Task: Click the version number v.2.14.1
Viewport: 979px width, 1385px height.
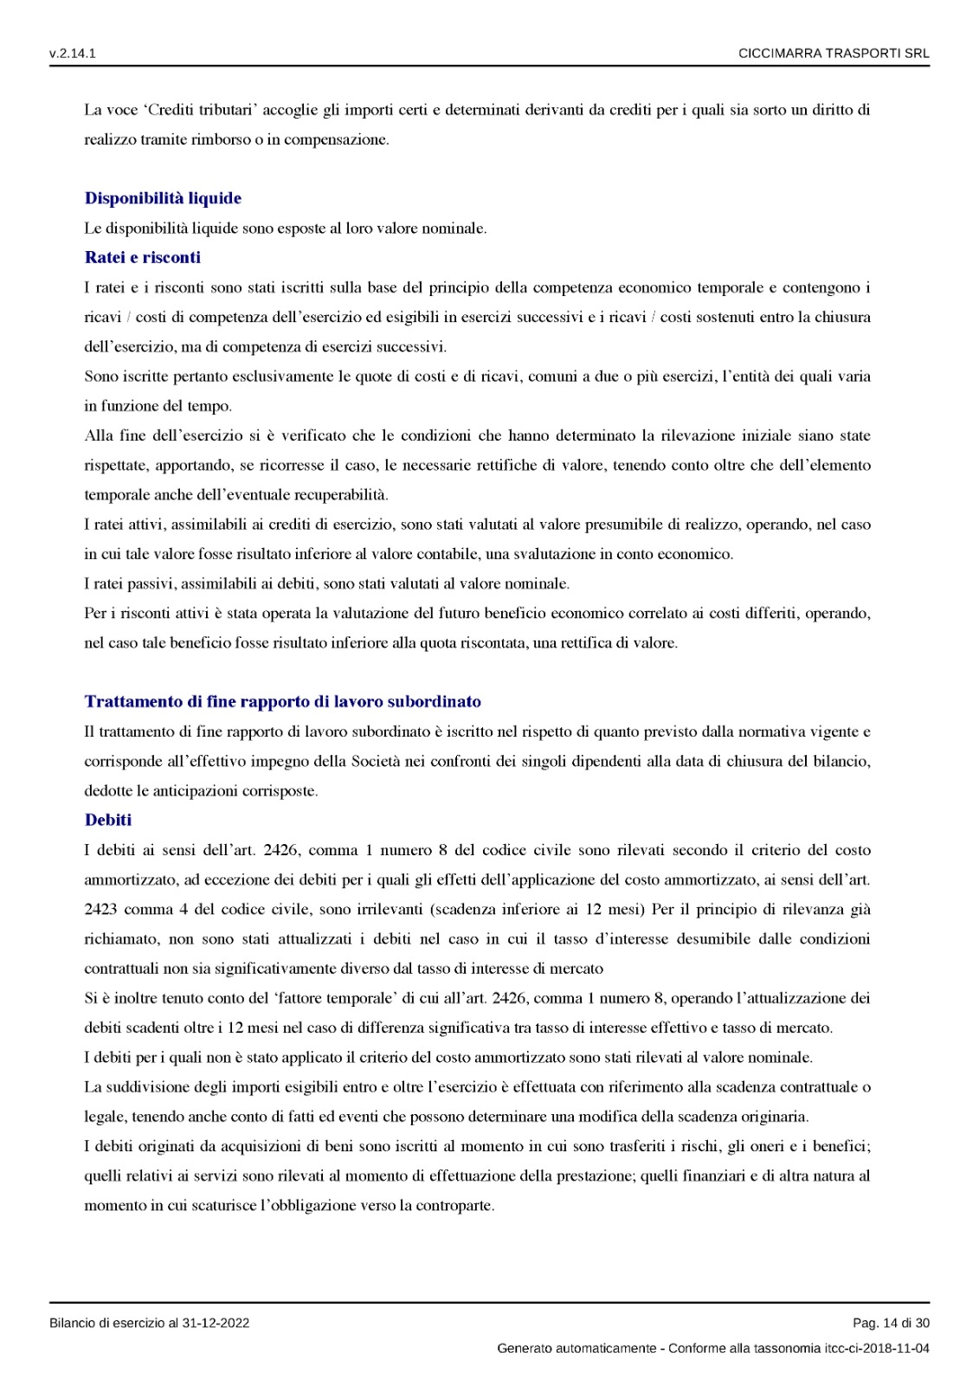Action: (x=73, y=54)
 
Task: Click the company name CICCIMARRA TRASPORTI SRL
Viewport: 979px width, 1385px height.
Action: (x=834, y=54)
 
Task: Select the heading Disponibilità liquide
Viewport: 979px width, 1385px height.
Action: (x=163, y=198)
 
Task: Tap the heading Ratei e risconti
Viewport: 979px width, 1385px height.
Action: (x=143, y=257)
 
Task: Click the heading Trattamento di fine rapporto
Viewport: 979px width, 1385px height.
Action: (x=282, y=701)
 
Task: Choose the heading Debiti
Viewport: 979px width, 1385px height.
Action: (x=108, y=820)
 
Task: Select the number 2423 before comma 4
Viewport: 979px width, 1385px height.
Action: (x=100, y=909)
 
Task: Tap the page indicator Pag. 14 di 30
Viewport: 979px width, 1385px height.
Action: (x=891, y=1323)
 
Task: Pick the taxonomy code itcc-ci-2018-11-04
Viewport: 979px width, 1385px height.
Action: (x=877, y=1348)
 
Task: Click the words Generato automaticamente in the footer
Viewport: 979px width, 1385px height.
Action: (x=576, y=1348)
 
